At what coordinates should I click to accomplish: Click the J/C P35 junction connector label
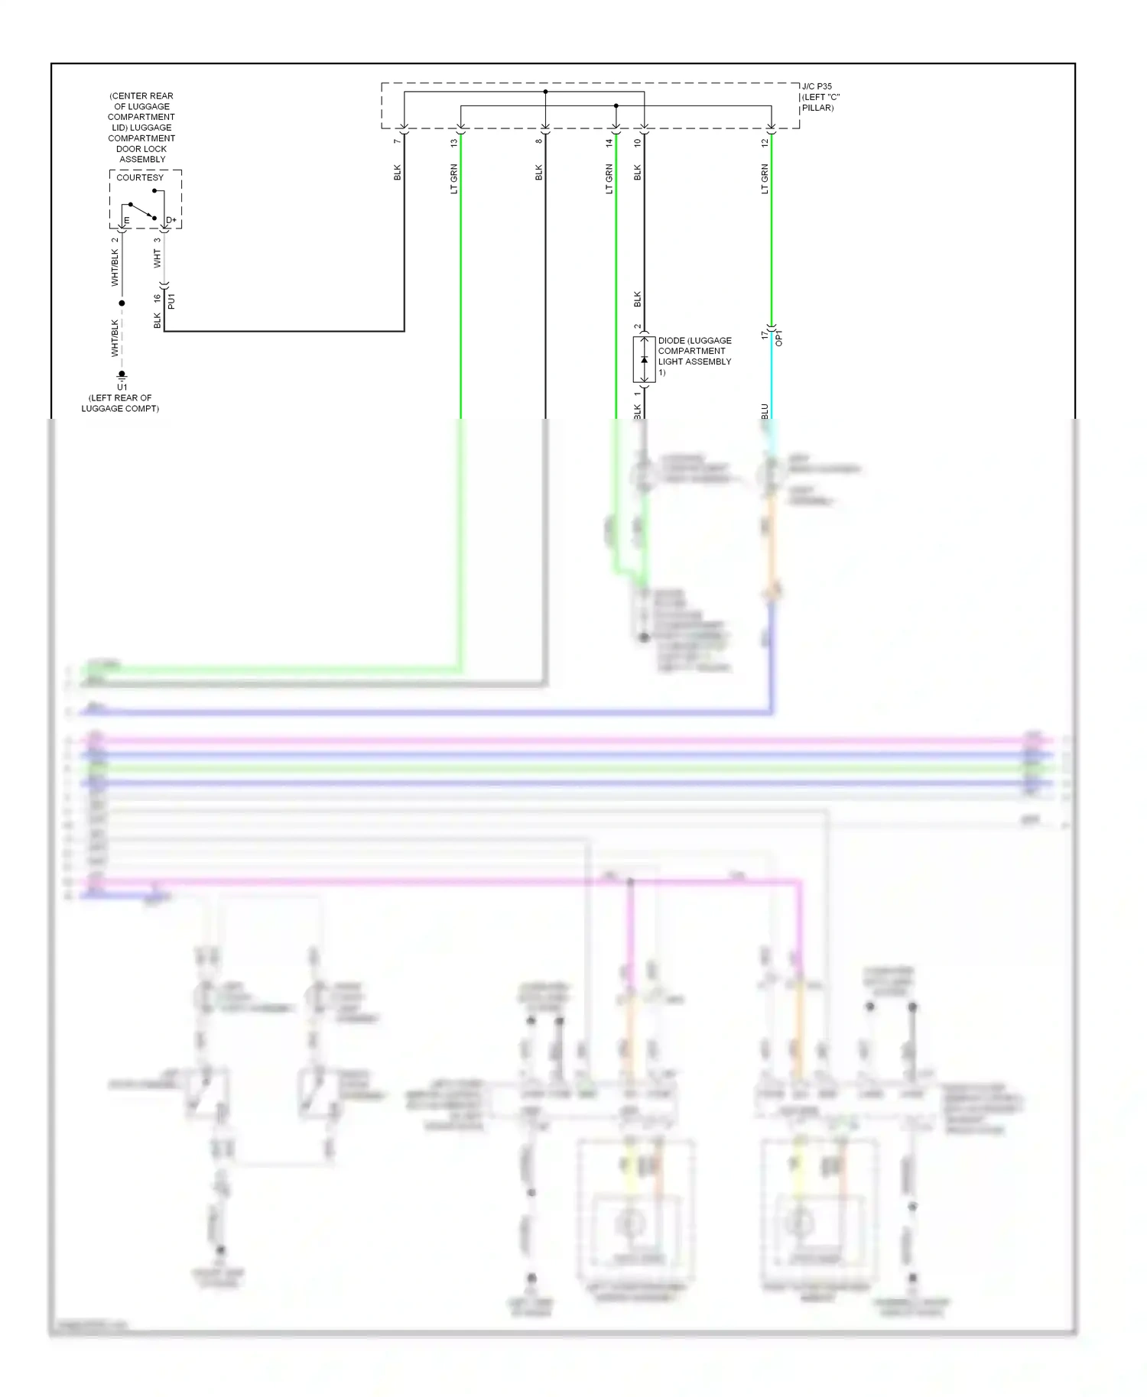[817, 86]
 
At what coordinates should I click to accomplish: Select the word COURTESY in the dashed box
[140, 177]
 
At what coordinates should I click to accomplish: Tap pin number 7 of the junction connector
[397, 141]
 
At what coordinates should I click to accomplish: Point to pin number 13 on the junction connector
[453, 142]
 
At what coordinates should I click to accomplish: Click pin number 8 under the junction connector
[538, 141]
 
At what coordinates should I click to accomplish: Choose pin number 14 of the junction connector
[609, 142]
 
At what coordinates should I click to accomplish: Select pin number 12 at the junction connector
[764, 142]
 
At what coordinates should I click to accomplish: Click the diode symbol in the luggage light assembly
[644, 360]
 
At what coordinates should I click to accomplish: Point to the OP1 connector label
[779, 338]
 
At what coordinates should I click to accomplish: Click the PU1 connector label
[171, 300]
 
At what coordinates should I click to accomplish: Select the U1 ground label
[122, 387]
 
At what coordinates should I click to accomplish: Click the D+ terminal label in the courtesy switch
[171, 220]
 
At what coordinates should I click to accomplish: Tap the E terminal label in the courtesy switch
[127, 221]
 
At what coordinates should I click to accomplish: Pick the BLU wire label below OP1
[764, 411]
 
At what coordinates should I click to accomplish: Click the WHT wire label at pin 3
[158, 258]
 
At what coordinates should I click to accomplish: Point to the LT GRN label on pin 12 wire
[764, 179]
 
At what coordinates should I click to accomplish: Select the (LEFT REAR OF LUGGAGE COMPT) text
[120, 403]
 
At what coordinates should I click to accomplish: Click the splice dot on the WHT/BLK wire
[122, 303]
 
